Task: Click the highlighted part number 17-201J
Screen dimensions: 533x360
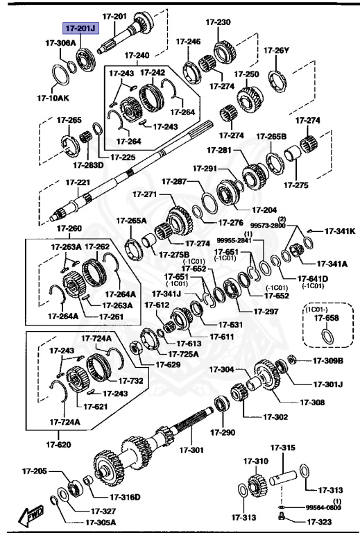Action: tap(82, 29)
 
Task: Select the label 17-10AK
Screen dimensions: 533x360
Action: tap(53, 98)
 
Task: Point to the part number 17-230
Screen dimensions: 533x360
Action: tap(218, 22)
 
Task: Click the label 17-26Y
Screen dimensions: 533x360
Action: tap(276, 50)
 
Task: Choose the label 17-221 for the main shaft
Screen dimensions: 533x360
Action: tap(78, 183)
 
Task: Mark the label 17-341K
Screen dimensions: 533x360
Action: tap(341, 231)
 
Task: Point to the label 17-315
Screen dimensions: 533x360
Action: tap(282, 448)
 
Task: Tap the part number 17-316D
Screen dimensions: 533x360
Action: tap(125, 496)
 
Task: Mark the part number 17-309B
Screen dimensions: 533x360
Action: tap(327, 360)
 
